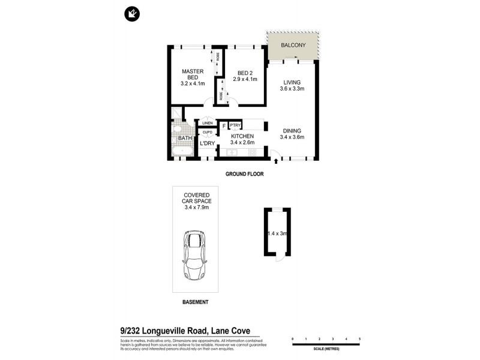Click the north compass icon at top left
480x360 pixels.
pos(131,13)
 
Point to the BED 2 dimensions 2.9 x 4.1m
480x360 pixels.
pos(245,79)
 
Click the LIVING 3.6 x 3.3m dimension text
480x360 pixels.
pos(292,89)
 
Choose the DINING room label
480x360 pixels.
pos(292,130)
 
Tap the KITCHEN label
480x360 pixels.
pos(242,136)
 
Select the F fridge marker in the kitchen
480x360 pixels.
pos(224,125)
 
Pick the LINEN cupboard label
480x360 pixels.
pos(207,124)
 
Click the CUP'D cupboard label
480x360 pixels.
pos(207,133)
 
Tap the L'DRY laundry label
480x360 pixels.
pos(208,144)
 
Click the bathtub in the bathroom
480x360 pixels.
pos(182,151)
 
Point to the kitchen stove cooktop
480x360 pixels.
pos(253,152)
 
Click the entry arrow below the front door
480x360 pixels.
pos(275,161)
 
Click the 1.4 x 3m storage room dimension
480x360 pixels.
pos(278,233)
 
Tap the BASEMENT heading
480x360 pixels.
pos(195,302)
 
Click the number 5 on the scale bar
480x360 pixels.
pos(359,340)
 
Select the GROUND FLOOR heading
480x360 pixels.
pos(244,174)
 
